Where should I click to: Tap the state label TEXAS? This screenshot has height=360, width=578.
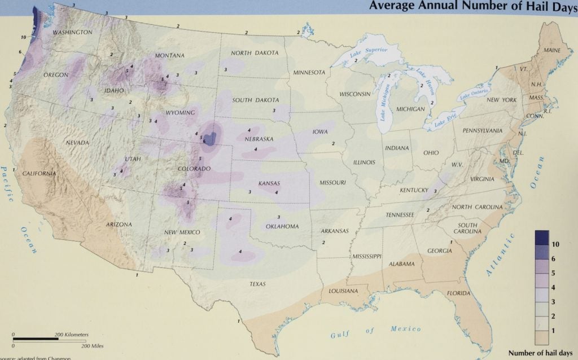pos(257,284)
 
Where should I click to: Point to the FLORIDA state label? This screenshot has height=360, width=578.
pos(459,293)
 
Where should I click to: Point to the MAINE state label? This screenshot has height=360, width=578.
pos(552,50)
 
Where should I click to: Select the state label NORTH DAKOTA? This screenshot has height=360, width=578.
pos(255,53)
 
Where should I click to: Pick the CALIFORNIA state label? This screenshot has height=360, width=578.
pos(39,173)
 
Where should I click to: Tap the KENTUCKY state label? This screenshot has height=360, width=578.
pos(414,190)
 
